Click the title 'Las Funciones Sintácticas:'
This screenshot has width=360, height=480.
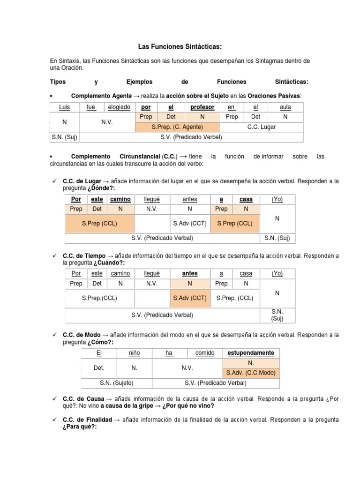click(x=180, y=47)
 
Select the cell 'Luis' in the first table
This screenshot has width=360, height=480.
click(x=65, y=107)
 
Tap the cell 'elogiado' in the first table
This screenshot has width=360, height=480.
click(x=119, y=107)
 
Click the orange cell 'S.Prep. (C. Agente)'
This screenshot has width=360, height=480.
click(x=177, y=127)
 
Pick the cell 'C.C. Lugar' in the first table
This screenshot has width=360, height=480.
click(x=261, y=127)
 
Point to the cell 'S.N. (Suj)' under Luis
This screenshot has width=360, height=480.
click(x=65, y=137)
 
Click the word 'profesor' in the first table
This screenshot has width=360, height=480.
click(x=202, y=107)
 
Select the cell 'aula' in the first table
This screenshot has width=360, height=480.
click(x=285, y=107)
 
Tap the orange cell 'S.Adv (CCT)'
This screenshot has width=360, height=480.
click(x=189, y=298)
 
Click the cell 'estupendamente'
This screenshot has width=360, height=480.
click(x=251, y=352)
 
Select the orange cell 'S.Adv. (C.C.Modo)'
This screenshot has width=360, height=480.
click(x=251, y=373)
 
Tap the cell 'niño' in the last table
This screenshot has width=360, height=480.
click(x=135, y=352)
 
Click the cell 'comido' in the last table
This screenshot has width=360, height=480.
click(x=204, y=352)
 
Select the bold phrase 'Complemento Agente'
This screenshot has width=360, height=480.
click(x=101, y=95)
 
